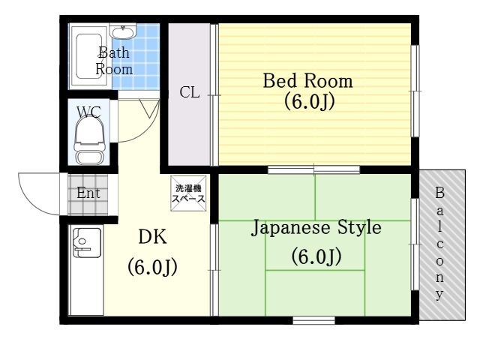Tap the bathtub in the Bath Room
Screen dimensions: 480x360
point(88,56)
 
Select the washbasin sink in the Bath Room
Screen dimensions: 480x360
point(123,32)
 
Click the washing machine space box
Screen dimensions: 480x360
point(188,193)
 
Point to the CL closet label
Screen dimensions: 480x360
point(190,92)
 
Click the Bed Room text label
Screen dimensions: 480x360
point(308,81)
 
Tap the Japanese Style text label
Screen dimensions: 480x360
point(316,228)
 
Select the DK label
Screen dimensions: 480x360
point(152,237)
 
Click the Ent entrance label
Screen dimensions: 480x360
point(88,193)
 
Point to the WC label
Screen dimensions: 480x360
point(88,112)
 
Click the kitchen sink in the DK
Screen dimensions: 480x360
point(87,242)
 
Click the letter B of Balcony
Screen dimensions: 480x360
point(439,193)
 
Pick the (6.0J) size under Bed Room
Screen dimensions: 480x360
point(309,102)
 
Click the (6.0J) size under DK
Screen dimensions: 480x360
point(152,267)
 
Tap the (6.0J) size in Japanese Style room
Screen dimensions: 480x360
point(316,256)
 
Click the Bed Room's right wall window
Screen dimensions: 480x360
point(415,91)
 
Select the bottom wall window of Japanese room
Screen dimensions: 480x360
point(313,320)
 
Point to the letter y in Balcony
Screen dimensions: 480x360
point(439,295)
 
